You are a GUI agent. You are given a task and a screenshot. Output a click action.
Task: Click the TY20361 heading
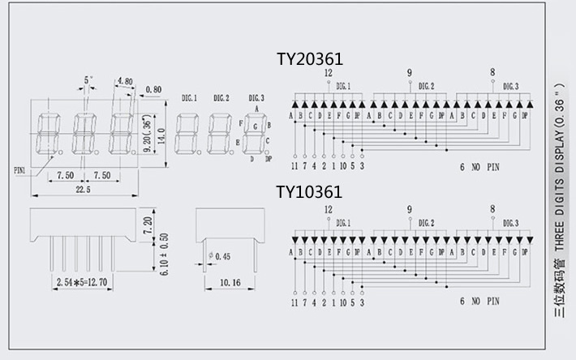tap(310, 59)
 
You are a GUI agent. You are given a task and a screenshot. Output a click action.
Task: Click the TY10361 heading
tap(309, 192)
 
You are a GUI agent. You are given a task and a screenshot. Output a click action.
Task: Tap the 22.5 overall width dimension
tap(83, 189)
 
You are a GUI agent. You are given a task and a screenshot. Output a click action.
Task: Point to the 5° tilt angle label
tap(88, 80)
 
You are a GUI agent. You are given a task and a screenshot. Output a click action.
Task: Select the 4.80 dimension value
tap(125, 81)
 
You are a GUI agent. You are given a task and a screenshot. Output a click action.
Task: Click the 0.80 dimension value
tap(153, 89)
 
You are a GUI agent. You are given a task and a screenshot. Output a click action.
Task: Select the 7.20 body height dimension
tap(148, 223)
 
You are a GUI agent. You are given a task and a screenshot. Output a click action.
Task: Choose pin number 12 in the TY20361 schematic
tap(328, 72)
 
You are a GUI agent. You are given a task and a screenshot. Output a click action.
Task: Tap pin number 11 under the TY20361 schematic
tap(295, 167)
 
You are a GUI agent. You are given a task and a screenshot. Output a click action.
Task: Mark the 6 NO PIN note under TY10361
tap(481, 302)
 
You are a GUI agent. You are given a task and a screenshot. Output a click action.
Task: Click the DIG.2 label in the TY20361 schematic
tap(426, 86)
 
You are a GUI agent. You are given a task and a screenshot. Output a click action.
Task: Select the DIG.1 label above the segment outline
tap(190, 97)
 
